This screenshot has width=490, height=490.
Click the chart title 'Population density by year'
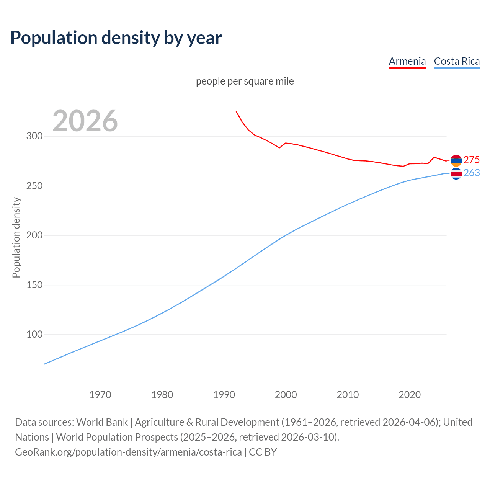pyautogui.click(x=116, y=38)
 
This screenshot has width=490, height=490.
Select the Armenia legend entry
pyautogui.click(x=407, y=62)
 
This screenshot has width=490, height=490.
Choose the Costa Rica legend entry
pyautogui.click(x=457, y=62)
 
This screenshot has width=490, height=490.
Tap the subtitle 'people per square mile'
pyautogui.click(x=245, y=82)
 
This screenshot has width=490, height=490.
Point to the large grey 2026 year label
pyautogui.click(x=85, y=121)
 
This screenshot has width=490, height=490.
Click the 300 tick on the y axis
pyautogui.click(x=34, y=136)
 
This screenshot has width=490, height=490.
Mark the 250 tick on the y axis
pyautogui.click(x=34, y=186)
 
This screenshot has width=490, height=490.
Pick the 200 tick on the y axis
pyautogui.click(x=34, y=235)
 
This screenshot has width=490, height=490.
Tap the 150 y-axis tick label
pyautogui.click(x=34, y=285)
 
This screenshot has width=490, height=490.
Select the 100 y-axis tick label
pyautogui.click(x=34, y=335)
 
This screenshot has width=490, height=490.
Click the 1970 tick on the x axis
pyautogui.click(x=100, y=395)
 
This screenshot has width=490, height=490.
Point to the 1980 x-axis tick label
pyautogui.click(x=162, y=395)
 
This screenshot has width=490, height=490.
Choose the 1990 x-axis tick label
pyautogui.click(x=224, y=395)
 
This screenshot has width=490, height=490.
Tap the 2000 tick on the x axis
pyautogui.click(x=286, y=395)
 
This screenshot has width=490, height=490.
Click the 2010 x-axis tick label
pyautogui.click(x=348, y=395)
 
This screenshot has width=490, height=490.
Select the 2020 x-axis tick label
pyautogui.click(x=410, y=395)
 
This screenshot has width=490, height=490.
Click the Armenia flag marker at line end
pyautogui.click(x=456, y=161)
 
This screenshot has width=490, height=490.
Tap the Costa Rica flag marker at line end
pyautogui.click(x=456, y=174)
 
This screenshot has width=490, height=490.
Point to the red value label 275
pyautogui.click(x=472, y=160)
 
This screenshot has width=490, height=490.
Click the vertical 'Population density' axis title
pyautogui.click(x=16, y=237)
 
